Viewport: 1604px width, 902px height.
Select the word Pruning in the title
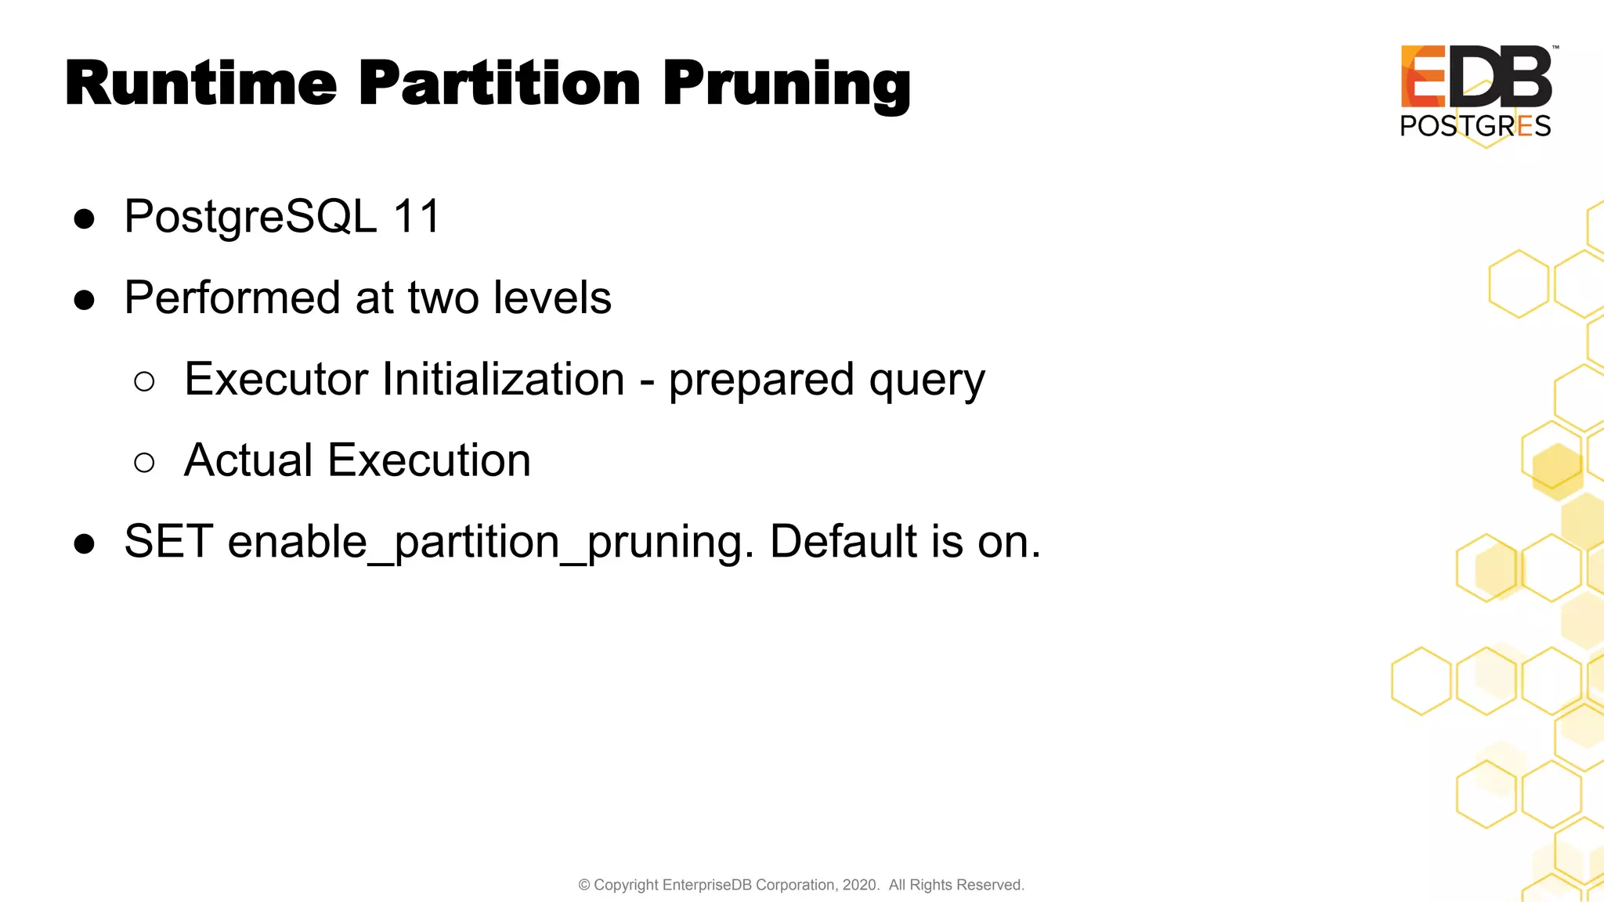click(786, 85)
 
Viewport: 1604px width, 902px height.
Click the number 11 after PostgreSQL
click(417, 217)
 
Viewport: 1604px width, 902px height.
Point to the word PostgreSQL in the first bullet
click(251, 217)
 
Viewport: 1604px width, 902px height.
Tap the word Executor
click(276, 379)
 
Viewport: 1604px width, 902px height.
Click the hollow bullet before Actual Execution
click(144, 463)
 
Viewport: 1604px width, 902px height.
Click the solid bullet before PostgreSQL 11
click(84, 219)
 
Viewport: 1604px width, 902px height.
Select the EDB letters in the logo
click(1476, 77)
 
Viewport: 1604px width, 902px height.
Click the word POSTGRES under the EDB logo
click(1475, 126)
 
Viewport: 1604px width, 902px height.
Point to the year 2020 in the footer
click(859, 885)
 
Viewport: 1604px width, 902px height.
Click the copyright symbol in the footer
click(584, 885)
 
